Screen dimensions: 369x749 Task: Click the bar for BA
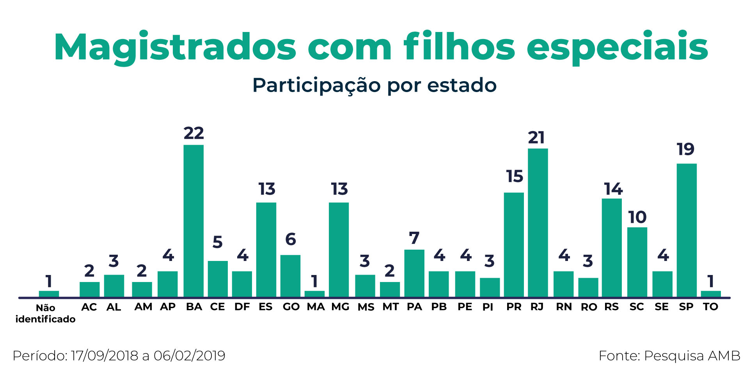(193, 221)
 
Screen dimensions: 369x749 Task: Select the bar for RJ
(538, 223)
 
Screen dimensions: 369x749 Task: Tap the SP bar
(687, 230)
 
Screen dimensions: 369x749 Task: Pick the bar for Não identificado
(49, 294)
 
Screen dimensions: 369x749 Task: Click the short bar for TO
(711, 294)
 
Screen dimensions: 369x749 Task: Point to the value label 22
(193, 133)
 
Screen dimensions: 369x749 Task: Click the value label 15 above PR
(514, 176)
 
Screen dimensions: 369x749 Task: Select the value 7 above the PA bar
(414, 238)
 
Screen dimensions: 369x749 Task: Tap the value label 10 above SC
(637, 217)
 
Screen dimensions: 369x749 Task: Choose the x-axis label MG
(340, 307)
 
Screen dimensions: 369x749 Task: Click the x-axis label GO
(291, 307)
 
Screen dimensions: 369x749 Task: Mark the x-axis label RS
(611, 307)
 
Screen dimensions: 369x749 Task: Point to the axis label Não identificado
(45, 314)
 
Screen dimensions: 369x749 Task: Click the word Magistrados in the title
(175, 48)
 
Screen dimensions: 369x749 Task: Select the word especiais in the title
(617, 48)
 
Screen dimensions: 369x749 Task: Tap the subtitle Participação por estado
(374, 85)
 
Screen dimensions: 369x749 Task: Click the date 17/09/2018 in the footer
(105, 356)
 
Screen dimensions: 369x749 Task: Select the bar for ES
(266, 250)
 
